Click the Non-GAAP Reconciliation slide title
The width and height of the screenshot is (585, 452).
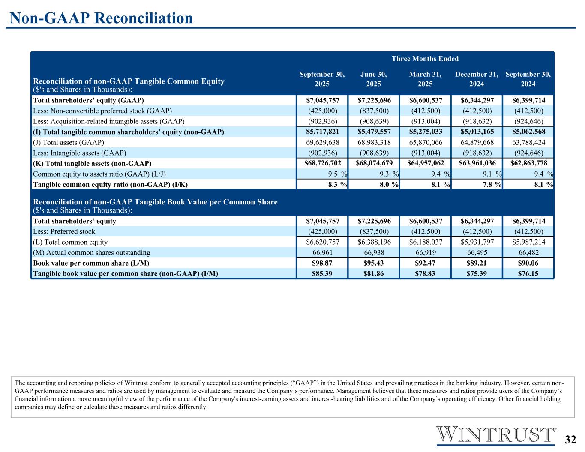101,18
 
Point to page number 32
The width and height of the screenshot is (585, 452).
570,440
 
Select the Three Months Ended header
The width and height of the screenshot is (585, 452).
425,59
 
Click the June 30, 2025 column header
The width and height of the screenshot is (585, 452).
373,79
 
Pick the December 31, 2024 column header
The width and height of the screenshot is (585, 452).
477,79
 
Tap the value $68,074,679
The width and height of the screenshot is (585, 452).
374,163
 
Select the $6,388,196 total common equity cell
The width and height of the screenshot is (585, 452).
374,242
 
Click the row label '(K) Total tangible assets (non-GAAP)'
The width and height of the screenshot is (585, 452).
92,163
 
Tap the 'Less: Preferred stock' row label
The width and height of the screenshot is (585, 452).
64,232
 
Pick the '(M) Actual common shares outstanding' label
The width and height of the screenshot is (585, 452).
91,253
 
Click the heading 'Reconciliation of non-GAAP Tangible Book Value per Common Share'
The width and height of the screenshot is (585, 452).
155,202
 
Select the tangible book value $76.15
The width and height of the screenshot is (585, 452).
528,273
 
